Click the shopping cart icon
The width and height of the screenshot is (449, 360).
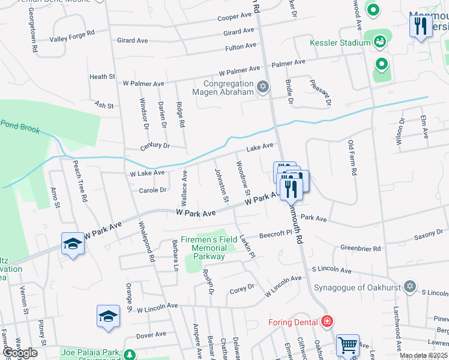pyautogui.click(x=348, y=344)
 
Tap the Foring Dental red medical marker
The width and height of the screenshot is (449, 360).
pyautogui.click(x=327, y=322)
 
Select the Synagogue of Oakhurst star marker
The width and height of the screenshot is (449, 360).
pyautogui.click(x=410, y=286)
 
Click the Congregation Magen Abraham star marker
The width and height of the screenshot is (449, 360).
pyautogui.click(x=262, y=88)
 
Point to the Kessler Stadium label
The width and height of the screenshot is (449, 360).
pyautogui.click(x=340, y=43)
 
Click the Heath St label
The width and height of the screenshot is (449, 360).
pyautogui.click(x=102, y=77)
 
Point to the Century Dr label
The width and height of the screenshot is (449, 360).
pyautogui.click(x=155, y=146)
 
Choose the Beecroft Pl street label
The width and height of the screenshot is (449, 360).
pyautogui.click(x=275, y=234)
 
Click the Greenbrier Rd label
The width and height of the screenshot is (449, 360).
pyautogui.click(x=361, y=247)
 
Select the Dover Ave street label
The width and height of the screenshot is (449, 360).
pyautogui.click(x=151, y=334)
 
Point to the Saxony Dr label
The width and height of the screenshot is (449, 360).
pyautogui.click(x=428, y=238)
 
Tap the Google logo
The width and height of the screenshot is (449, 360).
pyautogui.click(x=20, y=352)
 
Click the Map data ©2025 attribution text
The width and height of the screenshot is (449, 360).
pyautogui.click(x=423, y=356)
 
